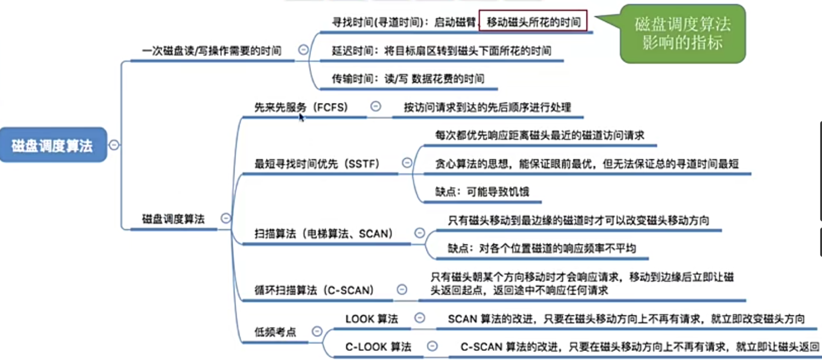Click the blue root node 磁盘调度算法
53,145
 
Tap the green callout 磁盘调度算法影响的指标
682,34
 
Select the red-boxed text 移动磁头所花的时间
533,22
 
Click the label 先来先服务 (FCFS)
301,107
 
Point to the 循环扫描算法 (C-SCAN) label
314,290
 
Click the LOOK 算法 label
371,319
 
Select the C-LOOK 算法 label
378,347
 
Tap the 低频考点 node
275,333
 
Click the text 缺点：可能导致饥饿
482,192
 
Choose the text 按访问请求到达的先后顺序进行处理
487,107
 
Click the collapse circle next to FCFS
375,106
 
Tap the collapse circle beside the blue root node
114,145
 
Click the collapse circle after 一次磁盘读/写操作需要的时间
303,50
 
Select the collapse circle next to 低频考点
317,332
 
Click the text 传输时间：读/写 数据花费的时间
408,79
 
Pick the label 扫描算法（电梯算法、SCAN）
324,234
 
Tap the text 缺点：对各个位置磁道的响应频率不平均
542,248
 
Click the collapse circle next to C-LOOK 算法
432,346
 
